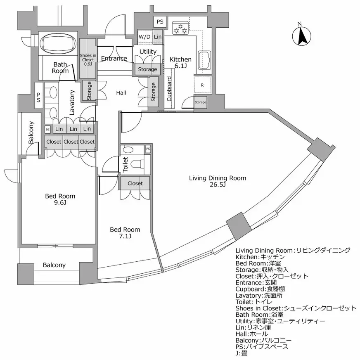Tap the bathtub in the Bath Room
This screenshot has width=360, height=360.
[x=58, y=43]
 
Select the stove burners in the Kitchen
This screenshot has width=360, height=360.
[x=181, y=28]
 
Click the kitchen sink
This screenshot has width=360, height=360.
[x=205, y=61]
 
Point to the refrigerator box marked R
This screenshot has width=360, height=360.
[x=202, y=85]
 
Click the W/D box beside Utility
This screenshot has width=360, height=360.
[x=144, y=37]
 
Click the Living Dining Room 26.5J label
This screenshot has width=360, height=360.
[x=218, y=181]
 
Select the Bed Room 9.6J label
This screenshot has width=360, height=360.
[x=60, y=199]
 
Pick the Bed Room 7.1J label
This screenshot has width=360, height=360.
[x=125, y=233]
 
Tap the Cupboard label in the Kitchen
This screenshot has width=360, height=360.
[x=169, y=89]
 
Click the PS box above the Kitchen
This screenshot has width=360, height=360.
[x=160, y=21]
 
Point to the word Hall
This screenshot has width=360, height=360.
[x=121, y=93]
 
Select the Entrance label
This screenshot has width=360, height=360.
[x=114, y=59]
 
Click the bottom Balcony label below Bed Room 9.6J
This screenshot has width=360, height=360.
[x=54, y=265]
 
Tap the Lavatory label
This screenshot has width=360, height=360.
[x=72, y=102]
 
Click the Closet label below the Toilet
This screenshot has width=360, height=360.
[x=135, y=183]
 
